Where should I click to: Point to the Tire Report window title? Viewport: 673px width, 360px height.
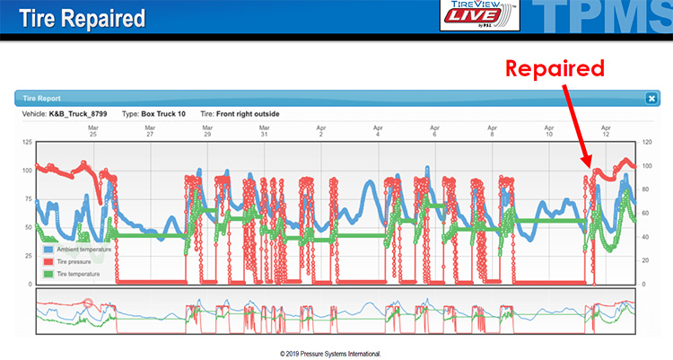pyautogui.click(x=44, y=99)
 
